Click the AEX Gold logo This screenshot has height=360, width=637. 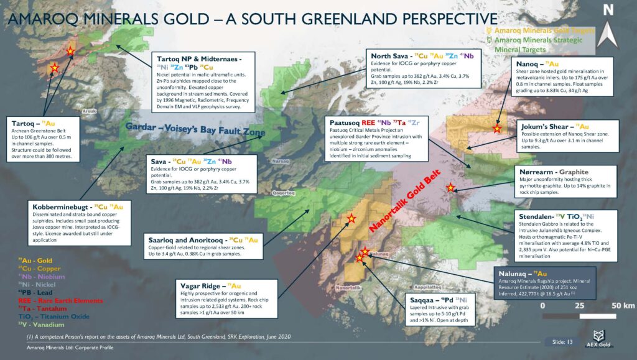click(x=601, y=338)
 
